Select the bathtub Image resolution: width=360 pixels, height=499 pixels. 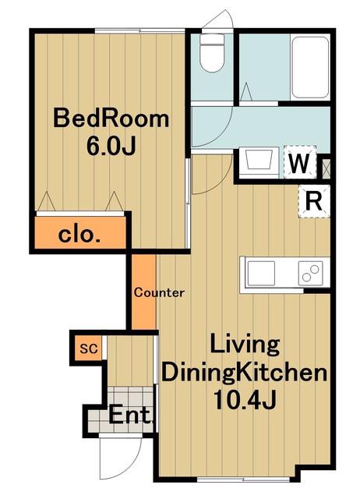[310, 68]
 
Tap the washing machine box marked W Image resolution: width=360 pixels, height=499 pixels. [300, 162]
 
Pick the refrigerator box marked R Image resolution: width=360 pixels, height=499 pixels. [314, 201]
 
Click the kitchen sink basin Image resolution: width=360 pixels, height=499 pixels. [261, 273]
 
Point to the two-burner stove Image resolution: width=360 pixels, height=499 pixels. [310, 273]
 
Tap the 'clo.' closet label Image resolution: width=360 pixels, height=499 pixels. [79, 235]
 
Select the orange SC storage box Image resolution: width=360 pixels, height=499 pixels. [89, 349]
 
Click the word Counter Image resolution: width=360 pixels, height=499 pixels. [159, 292]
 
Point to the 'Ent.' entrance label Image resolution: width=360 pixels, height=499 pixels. [130, 415]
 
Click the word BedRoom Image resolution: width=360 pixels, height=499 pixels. [111, 119]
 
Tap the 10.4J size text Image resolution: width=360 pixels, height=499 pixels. [244, 400]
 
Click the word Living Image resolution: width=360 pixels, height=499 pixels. [245, 345]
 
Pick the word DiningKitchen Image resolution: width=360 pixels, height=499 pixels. [244, 373]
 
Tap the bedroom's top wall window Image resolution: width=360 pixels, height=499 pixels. [140, 31]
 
